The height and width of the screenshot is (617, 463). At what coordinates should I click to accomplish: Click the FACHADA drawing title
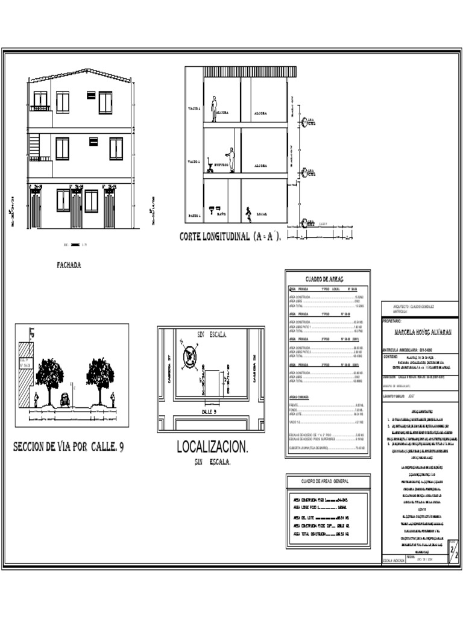(x=69, y=265)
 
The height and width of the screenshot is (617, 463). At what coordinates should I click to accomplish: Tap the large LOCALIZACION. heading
(x=212, y=446)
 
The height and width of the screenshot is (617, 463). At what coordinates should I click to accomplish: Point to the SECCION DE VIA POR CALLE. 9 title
(x=68, y=446)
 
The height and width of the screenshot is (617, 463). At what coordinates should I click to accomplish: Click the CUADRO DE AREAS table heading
(x=323, y=279)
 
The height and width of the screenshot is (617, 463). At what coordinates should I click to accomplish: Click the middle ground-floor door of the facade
(x=77, y=208)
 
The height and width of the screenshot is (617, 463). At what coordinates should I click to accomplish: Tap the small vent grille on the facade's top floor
(x=91, y=95)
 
